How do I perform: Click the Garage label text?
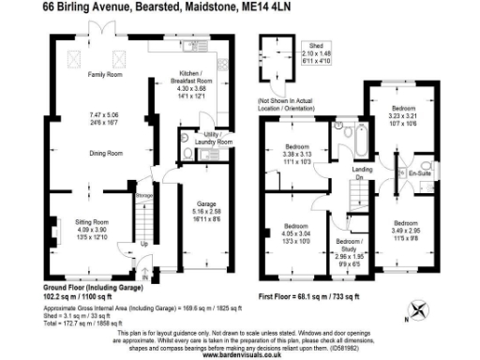coord(207,202)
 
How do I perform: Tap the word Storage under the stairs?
coord(142,196)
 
